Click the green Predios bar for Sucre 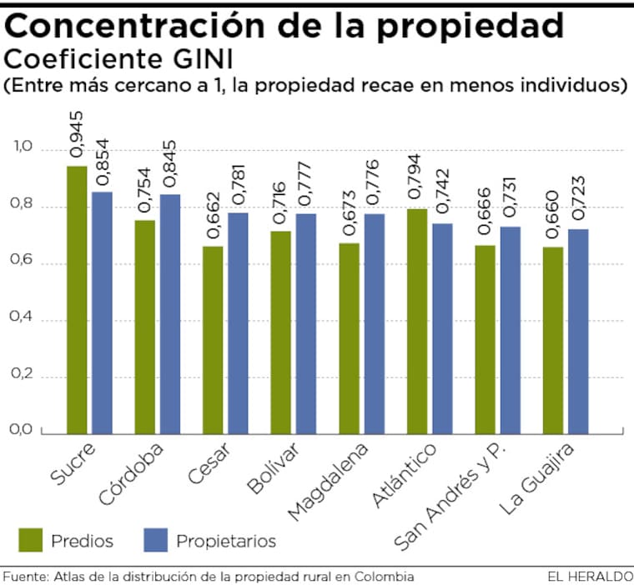pos(77,300)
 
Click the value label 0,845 pos(170,167)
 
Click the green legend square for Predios pos(30,541)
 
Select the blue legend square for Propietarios pos(155,541)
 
